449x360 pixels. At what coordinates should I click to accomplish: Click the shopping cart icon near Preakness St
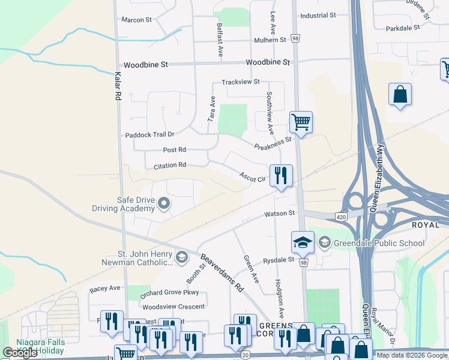(x=301, y=122)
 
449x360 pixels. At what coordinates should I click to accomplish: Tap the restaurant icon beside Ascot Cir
(x=281, y=175)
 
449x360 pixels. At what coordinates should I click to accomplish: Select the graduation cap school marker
(x=303, y=242)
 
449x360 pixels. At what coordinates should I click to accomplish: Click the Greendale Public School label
(x=378, y=243)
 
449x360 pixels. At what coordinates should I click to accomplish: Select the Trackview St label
(x=240, y=82)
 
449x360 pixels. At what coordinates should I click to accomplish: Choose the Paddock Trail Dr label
(x=149, y=135)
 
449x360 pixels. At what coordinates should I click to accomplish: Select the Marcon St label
(x=137, y=20)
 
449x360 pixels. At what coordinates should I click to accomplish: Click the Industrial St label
(x=318, y=16)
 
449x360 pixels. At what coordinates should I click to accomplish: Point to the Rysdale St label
(x=279, y=260)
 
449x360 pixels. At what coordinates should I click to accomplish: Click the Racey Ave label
(x=105, y=289)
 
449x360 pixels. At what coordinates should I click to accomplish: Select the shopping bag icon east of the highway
(x=400, y=94)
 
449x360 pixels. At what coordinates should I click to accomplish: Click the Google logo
(x=20, y=353)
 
